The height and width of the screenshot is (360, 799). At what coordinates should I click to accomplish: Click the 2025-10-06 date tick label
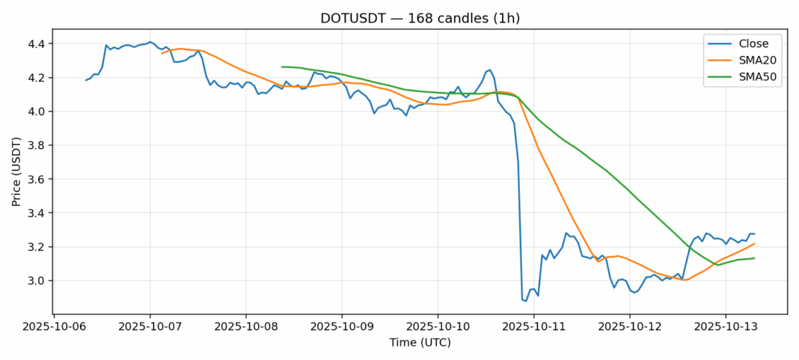click(54, 327)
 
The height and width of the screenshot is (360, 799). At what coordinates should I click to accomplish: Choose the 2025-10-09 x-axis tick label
click(342, 327)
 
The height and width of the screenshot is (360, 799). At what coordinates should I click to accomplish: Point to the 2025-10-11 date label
click(533, 327)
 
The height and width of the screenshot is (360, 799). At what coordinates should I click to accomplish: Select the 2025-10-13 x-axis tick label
click(725, 327)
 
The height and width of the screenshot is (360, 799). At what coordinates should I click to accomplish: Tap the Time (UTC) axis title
click(420, 343)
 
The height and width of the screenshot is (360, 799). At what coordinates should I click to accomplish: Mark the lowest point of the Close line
click(526, 301)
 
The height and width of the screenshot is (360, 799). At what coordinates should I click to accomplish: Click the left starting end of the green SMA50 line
click(282, 67)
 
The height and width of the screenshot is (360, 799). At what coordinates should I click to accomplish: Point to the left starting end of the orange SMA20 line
click(162, 53)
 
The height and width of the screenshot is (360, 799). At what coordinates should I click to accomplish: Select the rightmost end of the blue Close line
click(754, 234)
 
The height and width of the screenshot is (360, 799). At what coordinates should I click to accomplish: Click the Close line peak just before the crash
click(489, 70)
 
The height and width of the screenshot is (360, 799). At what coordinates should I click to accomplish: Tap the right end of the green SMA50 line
click(754, 258)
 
